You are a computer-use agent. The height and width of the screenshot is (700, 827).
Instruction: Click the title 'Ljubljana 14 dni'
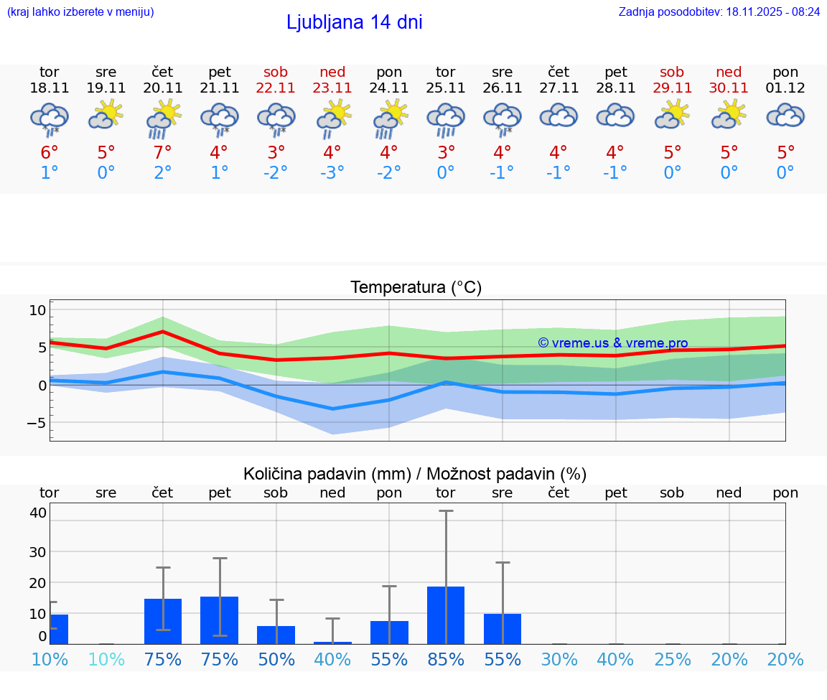(x=354, y=22)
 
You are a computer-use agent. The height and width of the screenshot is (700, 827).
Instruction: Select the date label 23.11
(x=332, y=88)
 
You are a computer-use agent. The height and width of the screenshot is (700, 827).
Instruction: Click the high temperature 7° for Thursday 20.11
(x=163, y=153)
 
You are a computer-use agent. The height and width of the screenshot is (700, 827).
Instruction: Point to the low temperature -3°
(x=332, y=173)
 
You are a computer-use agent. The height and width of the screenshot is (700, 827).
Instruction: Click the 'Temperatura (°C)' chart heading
(x=416, y=288)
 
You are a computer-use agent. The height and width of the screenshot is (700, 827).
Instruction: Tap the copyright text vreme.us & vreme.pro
(x=612, y=343)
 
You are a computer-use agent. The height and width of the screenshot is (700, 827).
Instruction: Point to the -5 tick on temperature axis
(x=37, y=423)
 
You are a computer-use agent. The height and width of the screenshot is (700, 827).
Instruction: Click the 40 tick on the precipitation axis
(x=38, y=513)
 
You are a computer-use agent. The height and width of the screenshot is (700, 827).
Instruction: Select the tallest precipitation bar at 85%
(x=446, y=615)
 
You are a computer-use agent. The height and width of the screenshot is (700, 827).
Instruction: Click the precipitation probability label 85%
(x=446, y=660)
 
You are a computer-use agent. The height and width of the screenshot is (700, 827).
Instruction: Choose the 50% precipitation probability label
(x=276, y=660)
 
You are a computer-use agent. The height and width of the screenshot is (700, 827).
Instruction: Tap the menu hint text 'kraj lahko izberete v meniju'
(x=80, y=12)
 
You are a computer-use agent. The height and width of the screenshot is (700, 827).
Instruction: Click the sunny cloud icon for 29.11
(x=673, y=115)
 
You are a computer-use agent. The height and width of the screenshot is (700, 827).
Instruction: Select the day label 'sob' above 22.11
(x=276, y=73)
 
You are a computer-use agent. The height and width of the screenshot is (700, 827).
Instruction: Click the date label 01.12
(x=785, y=88)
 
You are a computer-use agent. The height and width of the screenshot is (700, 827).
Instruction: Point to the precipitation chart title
(x=415, y=474)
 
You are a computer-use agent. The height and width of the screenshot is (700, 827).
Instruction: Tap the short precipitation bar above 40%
(x=332, y=642)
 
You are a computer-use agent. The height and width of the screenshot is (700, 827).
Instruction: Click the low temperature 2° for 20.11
(x=163, y=173)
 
